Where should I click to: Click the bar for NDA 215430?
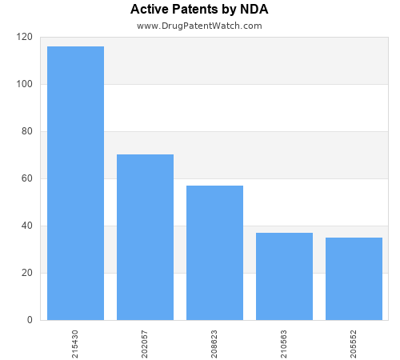[75, 183]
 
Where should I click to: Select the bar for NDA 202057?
[145, 237]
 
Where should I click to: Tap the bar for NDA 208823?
[214, 253]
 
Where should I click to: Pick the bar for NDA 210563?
[284, 276]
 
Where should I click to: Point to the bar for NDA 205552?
[354, 278]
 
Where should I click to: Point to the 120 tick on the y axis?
[24, 37]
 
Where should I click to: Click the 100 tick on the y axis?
[24, 84]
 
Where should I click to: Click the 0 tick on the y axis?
[29, 320]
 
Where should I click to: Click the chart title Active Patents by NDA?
[199, 10]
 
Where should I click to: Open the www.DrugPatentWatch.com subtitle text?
[199, 26]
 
